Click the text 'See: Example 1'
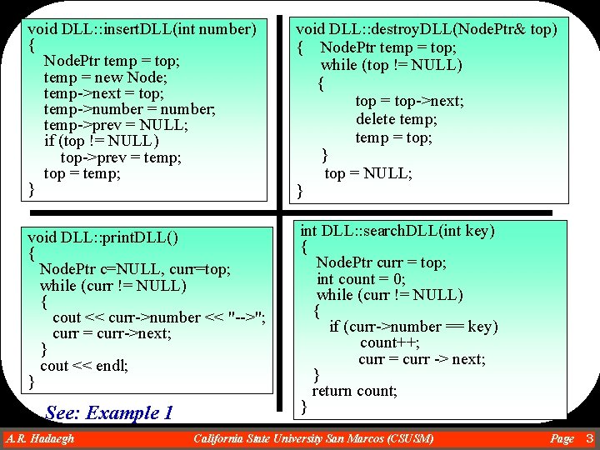(109, 412)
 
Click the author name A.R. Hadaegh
(39, 438)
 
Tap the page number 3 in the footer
(589, 438)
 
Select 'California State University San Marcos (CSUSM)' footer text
(312, 438)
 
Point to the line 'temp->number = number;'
(129, 110)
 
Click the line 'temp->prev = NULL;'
(115, 126)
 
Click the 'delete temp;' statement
(396, 119)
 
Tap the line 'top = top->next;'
(409, 101)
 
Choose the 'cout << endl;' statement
(84, 366)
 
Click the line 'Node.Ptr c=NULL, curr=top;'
(135, 269)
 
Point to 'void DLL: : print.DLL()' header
(103, 237)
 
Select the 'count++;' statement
(389, 342)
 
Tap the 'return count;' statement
(354, 391)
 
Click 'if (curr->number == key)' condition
(413, 327)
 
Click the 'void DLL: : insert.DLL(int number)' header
(142, 30)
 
